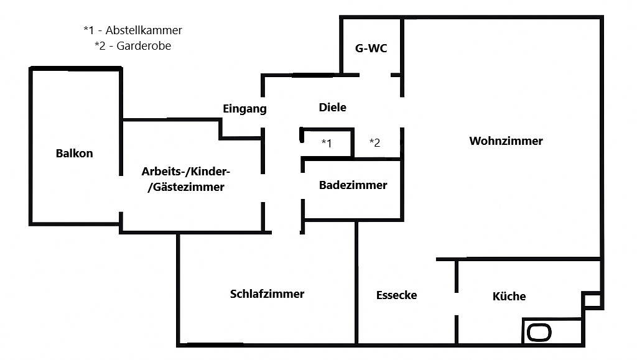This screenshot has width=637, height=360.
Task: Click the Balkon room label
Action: point(74,154)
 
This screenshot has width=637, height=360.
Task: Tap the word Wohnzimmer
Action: point(506,141)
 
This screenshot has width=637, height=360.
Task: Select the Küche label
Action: point(509,297)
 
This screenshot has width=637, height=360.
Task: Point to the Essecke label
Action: point(396,295)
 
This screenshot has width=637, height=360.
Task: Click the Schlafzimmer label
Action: point(267,294)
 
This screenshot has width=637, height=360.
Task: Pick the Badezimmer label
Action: point(353,185)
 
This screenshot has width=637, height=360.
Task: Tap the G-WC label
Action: point(371,48)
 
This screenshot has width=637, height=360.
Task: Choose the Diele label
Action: point(332,108)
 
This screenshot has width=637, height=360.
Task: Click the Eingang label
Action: point(244,109)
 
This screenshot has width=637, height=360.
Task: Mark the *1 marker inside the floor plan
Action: point(327,143)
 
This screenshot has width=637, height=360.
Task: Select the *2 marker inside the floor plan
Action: point(374,142)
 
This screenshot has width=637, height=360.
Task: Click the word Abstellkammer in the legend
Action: point(144,30)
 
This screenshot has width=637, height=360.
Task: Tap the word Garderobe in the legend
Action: point(144,46)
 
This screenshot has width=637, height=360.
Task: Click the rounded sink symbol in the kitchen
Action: point(539,333)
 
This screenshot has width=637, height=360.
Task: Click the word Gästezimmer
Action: point(186,187)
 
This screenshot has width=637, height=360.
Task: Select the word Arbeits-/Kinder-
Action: point(186,172)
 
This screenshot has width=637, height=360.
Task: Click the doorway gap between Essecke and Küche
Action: point(457,304)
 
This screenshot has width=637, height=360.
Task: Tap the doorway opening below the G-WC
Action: point(375,75)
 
